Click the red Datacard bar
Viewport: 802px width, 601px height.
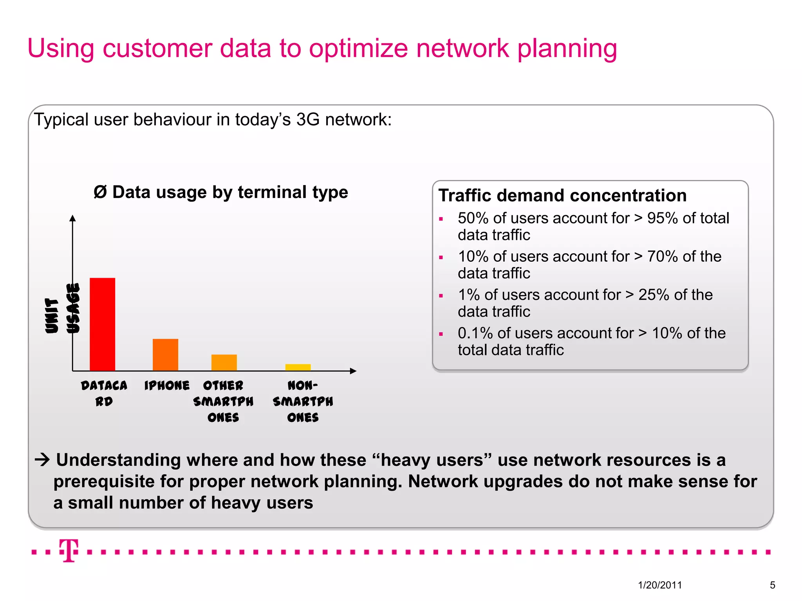[x=102, y=324]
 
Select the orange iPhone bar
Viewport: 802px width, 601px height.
[x=165, y=354]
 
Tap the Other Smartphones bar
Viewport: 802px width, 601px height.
[x=224, y=362]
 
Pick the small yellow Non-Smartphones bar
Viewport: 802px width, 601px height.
[x=298, y=367]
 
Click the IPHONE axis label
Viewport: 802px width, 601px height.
[x=167, y=386]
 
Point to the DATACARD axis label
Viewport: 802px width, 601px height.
[x=104, y=393]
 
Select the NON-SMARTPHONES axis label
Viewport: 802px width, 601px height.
[x=303, y=401]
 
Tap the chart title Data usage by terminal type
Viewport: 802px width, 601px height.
[x=221, y=192]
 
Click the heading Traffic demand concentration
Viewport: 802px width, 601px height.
[x=562, y=195]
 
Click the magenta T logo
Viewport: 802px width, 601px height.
[x=69, y=550]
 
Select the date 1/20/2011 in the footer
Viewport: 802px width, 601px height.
[x=660, y=585]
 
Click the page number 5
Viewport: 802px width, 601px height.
[x=772, y=585]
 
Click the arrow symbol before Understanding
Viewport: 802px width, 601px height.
[x=42, y=460]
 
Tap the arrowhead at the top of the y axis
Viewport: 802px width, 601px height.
[x=72, y=218]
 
